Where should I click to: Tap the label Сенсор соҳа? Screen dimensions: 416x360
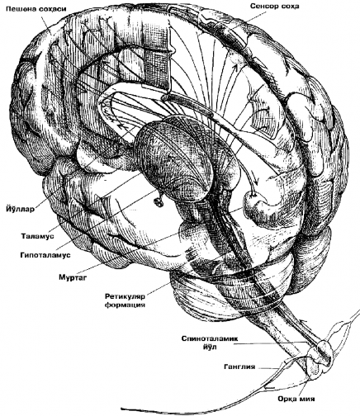click(x=283, y=7)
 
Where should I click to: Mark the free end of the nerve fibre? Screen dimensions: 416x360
click(x=124, y=409)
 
